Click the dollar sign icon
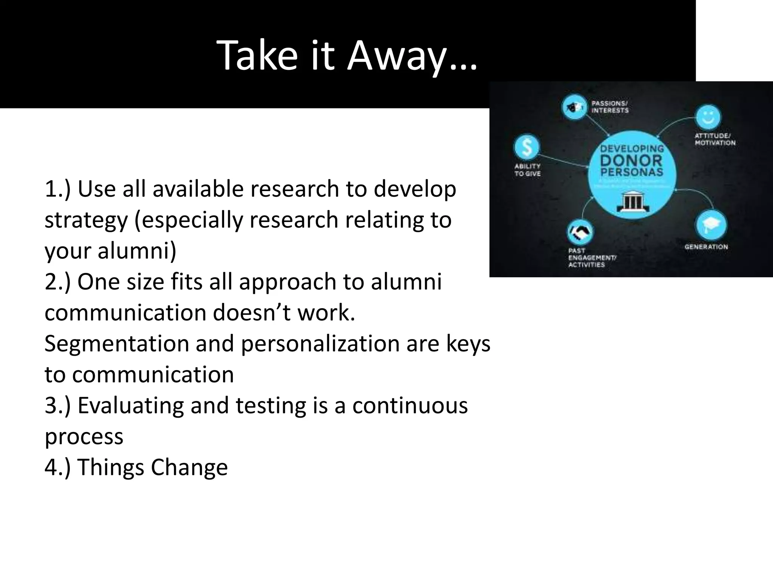point(527,147)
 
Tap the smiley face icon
point(708,117)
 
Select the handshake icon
point(580,233)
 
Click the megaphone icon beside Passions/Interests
point(574,107)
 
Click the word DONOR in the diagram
point(631,160)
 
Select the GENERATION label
point(706,247)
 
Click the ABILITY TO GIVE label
point(527,170)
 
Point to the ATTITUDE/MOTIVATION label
point(715,139)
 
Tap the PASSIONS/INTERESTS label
point(610,107)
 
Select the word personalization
point(320,344)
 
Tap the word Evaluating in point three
point(131,406)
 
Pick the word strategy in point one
point(86,221)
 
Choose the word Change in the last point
point(189,467)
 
